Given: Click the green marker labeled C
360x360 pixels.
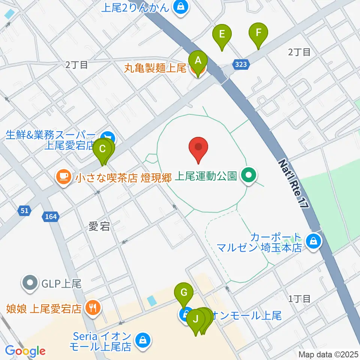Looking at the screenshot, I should pyautogui.click(x=102, y=150).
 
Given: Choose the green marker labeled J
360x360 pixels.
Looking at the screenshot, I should pyautogui.click(x=195, y=320).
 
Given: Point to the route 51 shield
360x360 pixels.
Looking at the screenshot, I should pyautogui.click(x=24, y=211).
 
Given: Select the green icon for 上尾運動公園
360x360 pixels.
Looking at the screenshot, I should pyautogui.click(x=248, y=175).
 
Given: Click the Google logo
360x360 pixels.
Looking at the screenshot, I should pyautogui.click(x=25, y=351).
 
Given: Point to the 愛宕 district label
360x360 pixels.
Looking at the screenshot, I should pyautogui.click(x=99, y=226).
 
